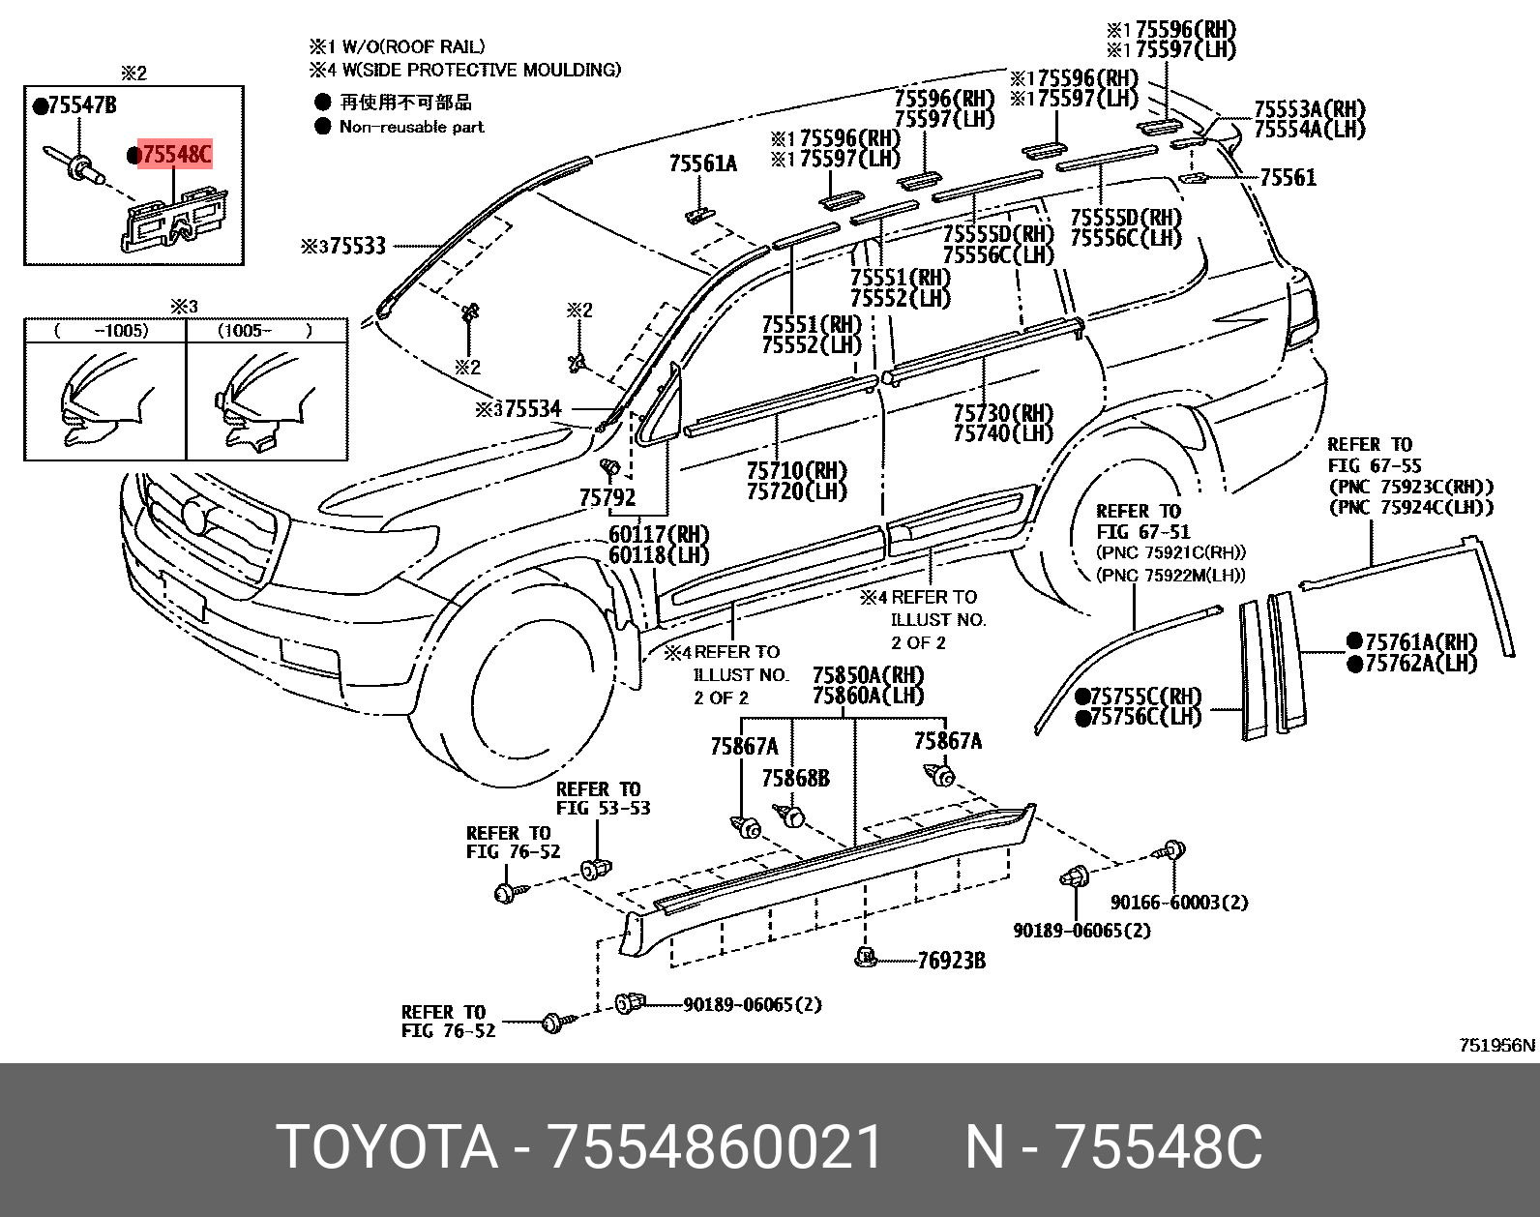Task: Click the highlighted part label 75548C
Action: [175, 154]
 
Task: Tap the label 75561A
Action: [702, 163]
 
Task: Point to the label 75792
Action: [607, 498]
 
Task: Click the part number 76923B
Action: [951, 961]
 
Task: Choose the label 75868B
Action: [795, 779]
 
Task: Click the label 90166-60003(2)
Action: [1179, 903]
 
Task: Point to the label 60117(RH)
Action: [659, 534]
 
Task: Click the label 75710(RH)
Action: [796, 471]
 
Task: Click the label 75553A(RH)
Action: [1310, 109]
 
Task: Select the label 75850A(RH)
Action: [868, 674]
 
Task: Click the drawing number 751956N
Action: [1496, 1045]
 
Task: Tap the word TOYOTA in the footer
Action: [386, 1148]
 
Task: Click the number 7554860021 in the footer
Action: [715, 1148]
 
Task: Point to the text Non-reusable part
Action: [411, 127]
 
